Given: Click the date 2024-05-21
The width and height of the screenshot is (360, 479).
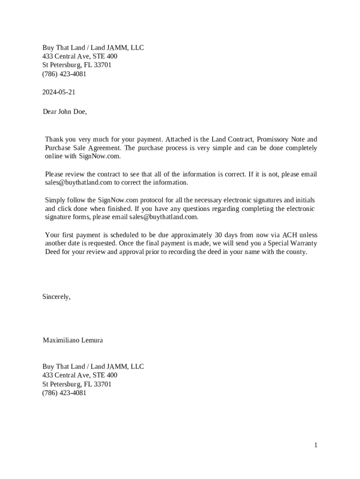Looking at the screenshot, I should pos(59,92).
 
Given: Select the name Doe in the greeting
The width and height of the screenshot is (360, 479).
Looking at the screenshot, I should pos(79,112).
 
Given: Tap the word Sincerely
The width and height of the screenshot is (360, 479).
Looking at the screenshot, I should pos(57,297).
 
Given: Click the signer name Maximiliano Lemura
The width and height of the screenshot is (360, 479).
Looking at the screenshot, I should pos(73,340).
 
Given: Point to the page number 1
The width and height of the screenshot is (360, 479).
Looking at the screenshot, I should pos(316,445).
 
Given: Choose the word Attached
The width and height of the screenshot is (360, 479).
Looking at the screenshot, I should pos(178,139).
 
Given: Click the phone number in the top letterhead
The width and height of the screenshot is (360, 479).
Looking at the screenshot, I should pos(65,74).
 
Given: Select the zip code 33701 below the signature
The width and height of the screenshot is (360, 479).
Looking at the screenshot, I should pos(103,384).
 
